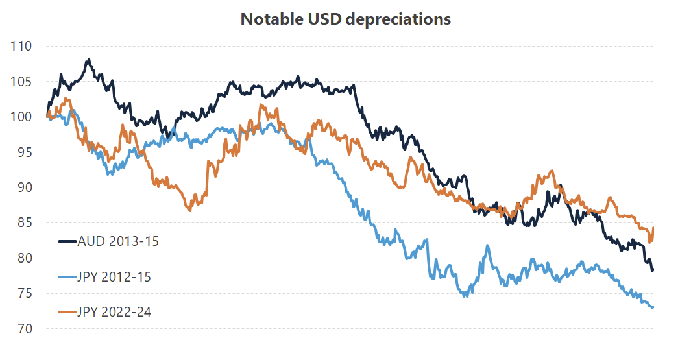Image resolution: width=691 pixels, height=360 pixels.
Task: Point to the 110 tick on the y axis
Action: click(x=21, y=47)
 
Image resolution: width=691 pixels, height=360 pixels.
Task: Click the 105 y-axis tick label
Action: click(x=21, y=82)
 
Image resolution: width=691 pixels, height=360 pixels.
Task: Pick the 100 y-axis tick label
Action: click(x=21, y=117)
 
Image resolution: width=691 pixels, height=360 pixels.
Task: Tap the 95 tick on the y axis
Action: click(x=25, y=152)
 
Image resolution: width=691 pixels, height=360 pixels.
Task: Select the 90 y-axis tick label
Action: click(x=25, y=187)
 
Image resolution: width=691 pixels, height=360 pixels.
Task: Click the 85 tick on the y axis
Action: click(x=25, y=223)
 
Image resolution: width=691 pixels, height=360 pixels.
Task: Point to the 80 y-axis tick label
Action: click(x=25, y=258)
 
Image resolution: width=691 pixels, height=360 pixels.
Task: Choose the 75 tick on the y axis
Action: click(x=25, y=293)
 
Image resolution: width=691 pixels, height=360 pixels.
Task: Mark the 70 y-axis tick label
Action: click(x=25, y=329)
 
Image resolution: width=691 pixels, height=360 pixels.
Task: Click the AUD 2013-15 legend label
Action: click(x=118, y=241)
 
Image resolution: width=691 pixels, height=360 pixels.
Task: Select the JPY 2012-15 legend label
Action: click(x=114, y=277)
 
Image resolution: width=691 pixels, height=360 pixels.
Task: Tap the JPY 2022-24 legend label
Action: click(x=114, y=312)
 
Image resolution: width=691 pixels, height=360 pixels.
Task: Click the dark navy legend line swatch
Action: click(x=67, y=241)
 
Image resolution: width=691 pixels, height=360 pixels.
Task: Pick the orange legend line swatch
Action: click(x=67, y=312)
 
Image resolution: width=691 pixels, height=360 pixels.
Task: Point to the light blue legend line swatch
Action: click(x=67, y=277)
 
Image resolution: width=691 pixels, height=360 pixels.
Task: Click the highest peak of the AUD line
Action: click(x=88, y=60)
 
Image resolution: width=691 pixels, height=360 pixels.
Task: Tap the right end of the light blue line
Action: click(x=652, y=307)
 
